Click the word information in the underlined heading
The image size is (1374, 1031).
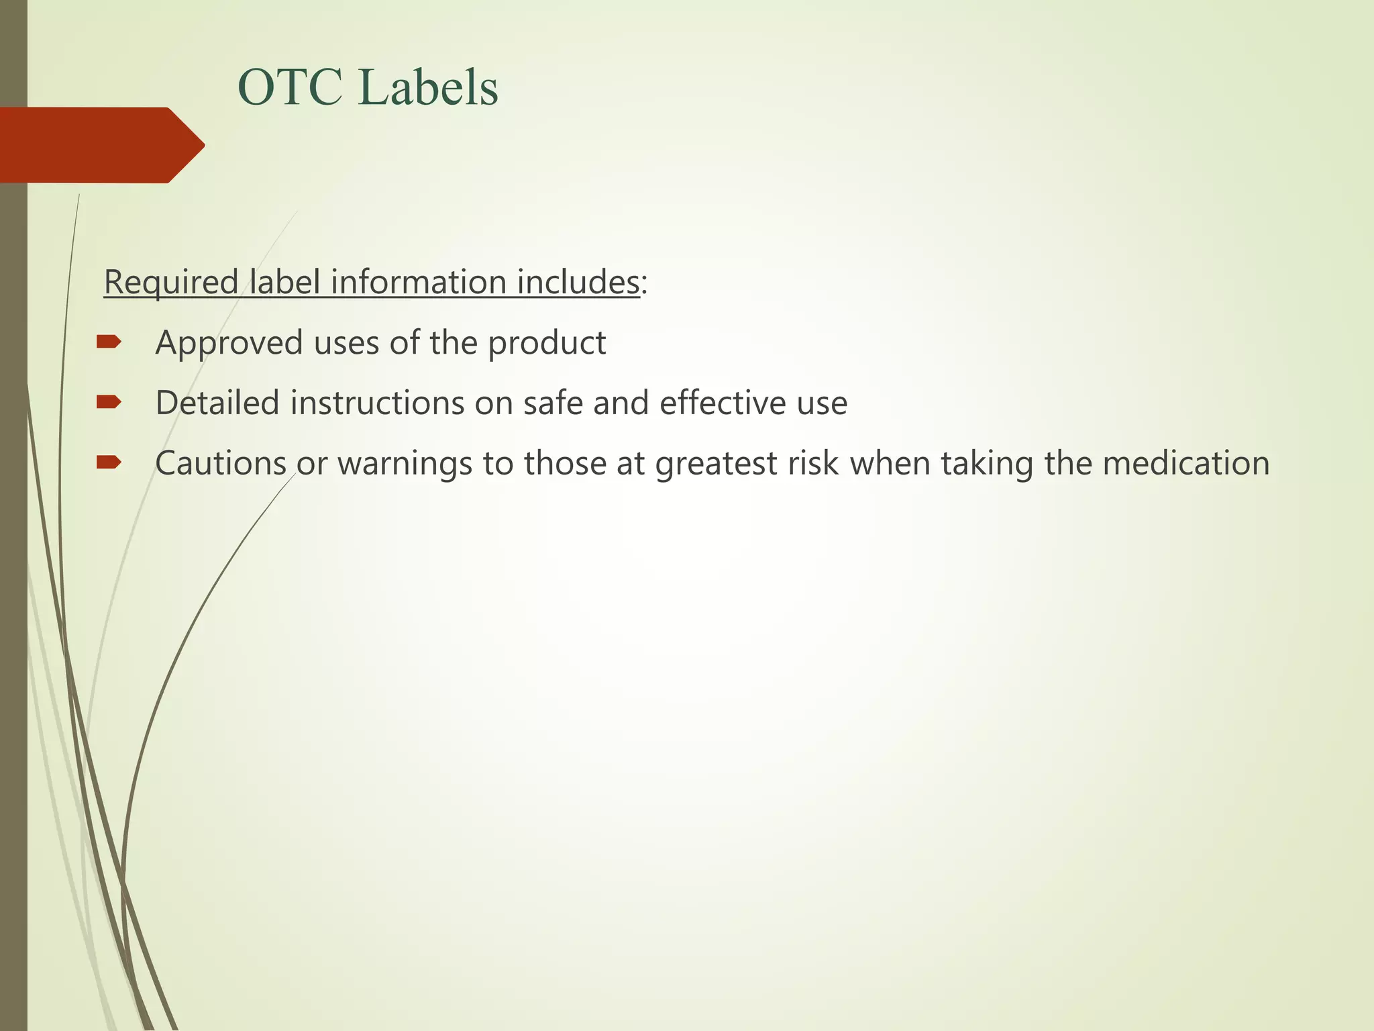point(418,282)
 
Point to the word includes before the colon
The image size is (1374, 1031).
point(578,282)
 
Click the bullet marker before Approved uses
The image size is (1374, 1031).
point(109,342)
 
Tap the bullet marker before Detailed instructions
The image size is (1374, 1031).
point(109,402)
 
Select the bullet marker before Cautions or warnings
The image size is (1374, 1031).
point(109,462)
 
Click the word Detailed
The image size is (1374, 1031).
point(217,403)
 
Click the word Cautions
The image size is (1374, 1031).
point(221,463)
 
